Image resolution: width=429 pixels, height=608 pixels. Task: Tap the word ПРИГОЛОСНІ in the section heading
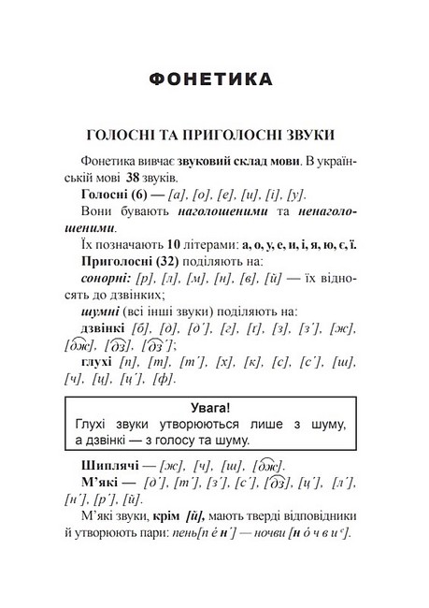247,133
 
